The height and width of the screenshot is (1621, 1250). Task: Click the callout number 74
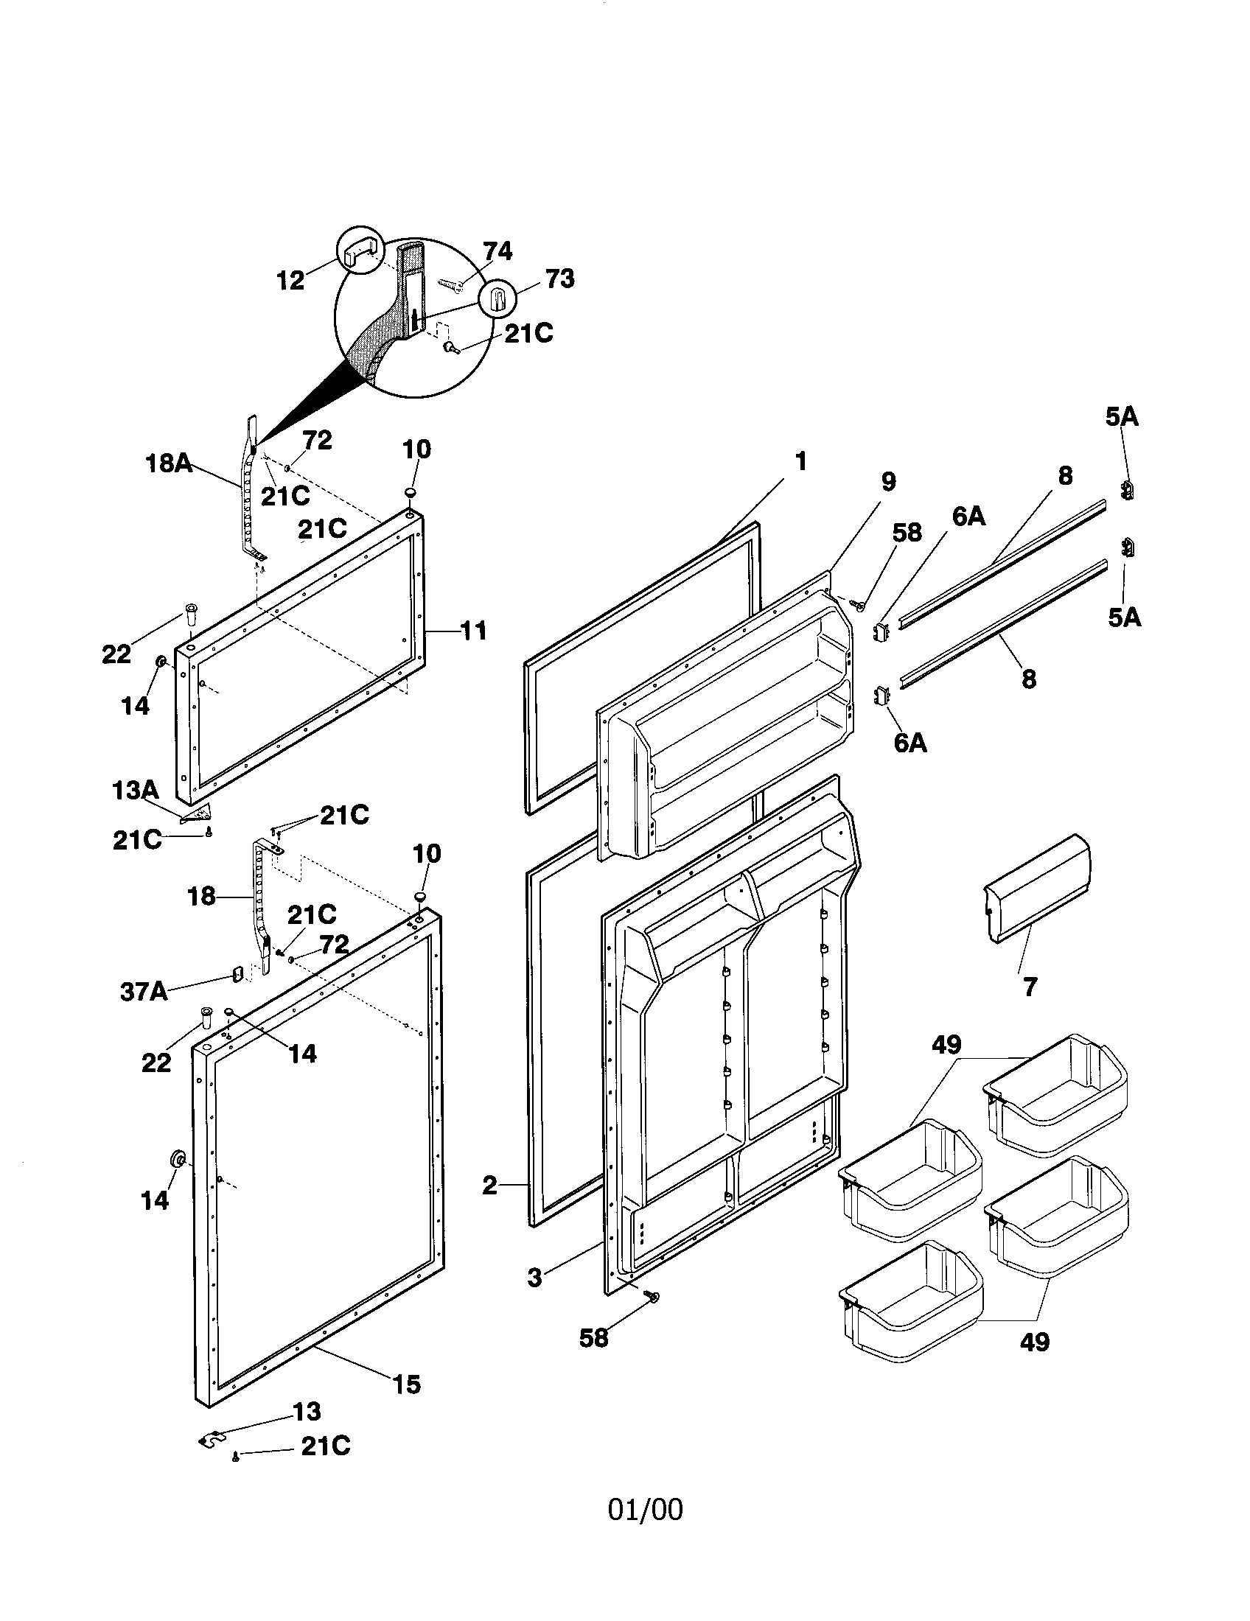click(x=497, y=251)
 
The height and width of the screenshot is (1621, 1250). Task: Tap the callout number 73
click(x=559, y=279)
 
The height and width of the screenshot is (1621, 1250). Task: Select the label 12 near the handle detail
click(x=291, y=281)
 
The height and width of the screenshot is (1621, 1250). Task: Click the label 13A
click(x=135, y=791)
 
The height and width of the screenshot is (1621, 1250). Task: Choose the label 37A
click(x=144, y=992)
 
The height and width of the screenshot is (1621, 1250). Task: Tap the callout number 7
click(x=1030, y=987)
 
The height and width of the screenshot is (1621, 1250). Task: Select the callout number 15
click(x=407, y=1384)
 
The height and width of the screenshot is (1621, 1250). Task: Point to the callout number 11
click(x=474, y=631)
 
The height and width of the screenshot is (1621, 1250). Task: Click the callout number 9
click(x=888, y=482)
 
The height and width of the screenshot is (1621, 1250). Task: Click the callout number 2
click(x=489, y=1186)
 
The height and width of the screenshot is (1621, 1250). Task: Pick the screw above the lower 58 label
click(x=653, y=1295)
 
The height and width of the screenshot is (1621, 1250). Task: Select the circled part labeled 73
click(x=497, y=300)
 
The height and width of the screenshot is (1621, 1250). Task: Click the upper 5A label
click(x=1122, y=417)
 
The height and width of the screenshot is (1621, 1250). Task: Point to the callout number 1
click(x=800, y=461)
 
